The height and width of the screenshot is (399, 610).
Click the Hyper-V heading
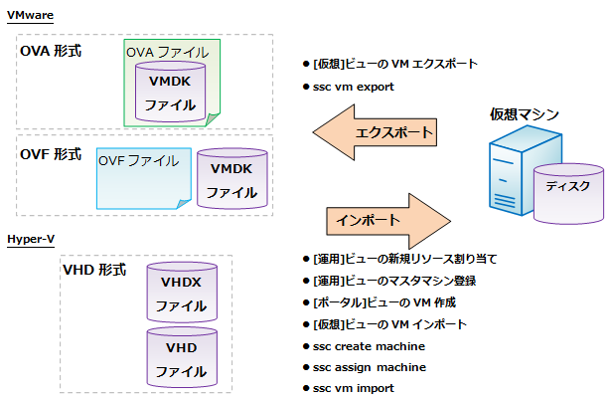click(30, 240)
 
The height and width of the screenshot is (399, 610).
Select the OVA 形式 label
click(51, 51)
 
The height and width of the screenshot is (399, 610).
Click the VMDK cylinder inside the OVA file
click(170, 92)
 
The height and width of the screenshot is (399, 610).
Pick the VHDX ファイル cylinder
click(181, 294)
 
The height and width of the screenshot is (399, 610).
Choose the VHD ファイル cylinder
click(181, 359)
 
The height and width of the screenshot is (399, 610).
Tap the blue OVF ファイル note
click(139, 179)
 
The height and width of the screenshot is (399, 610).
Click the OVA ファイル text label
click(167, 51)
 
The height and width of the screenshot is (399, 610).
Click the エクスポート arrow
click(378, 133)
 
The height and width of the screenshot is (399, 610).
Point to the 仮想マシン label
click(524, 115)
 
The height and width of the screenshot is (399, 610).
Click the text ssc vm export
click(353, 87)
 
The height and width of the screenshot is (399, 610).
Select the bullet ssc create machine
click(369, 345)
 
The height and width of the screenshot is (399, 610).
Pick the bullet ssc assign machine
click(369, 367)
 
